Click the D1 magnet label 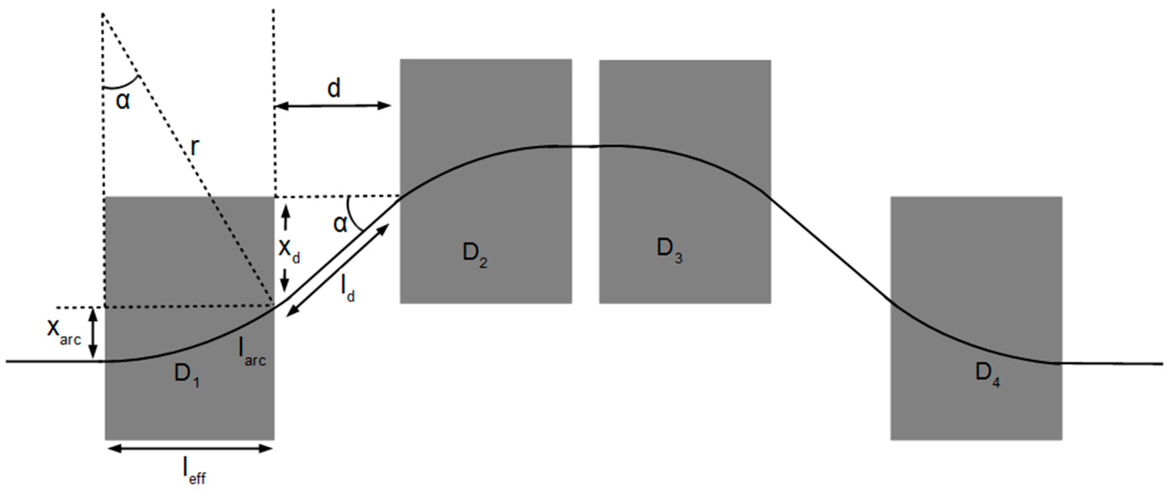pyautogui.click(x=186, y=375)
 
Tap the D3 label pyautogui.click(x=669, y=251)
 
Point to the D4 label pyautogui.click(x=987, y=374)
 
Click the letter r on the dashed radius pyautogui.click(x=195, y=146)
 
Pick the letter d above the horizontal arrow pyautogui.click(x=334, y=88)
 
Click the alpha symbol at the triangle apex pyautogui.click(x=123, y=100)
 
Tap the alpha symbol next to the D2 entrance pyautogui.click(x=340, y=223)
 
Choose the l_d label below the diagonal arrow pyautogui.click(x=348, y=288)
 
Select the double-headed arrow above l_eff pyautogui.click(x=191, y=448)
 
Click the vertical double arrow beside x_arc pyautogui.click(x=93, y=333)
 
